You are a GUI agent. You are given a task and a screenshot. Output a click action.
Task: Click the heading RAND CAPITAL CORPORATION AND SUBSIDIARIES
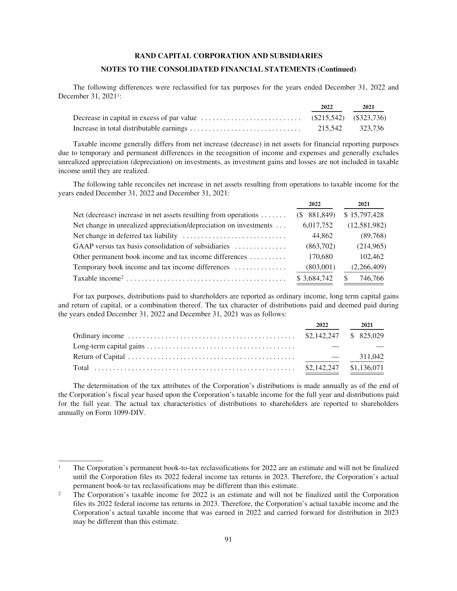228,56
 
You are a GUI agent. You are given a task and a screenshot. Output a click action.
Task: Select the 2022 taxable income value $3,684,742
315,278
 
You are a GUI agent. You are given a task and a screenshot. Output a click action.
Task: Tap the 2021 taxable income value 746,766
372,278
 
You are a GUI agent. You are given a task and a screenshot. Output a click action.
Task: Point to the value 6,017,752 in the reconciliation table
317,225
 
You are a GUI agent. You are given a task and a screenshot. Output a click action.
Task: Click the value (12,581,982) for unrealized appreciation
367,225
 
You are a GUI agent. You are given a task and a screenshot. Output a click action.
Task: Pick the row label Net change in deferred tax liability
125,236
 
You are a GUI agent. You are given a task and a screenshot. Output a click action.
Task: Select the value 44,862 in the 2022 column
322,236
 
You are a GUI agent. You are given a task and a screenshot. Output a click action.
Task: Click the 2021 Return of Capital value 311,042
372,357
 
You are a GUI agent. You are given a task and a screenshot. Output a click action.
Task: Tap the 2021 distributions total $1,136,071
367,368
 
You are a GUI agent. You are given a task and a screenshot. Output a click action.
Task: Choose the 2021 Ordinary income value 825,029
372,336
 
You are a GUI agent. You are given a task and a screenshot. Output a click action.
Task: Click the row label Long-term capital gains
109,346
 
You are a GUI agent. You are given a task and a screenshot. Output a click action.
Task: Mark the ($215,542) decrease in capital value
328,118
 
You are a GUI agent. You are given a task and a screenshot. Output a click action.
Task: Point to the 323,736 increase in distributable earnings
372,128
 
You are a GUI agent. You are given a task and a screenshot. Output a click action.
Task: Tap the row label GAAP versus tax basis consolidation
151,246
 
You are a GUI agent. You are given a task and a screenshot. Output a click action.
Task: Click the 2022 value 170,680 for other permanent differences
320,257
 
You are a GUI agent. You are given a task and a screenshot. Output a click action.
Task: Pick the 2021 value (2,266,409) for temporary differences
369,267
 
